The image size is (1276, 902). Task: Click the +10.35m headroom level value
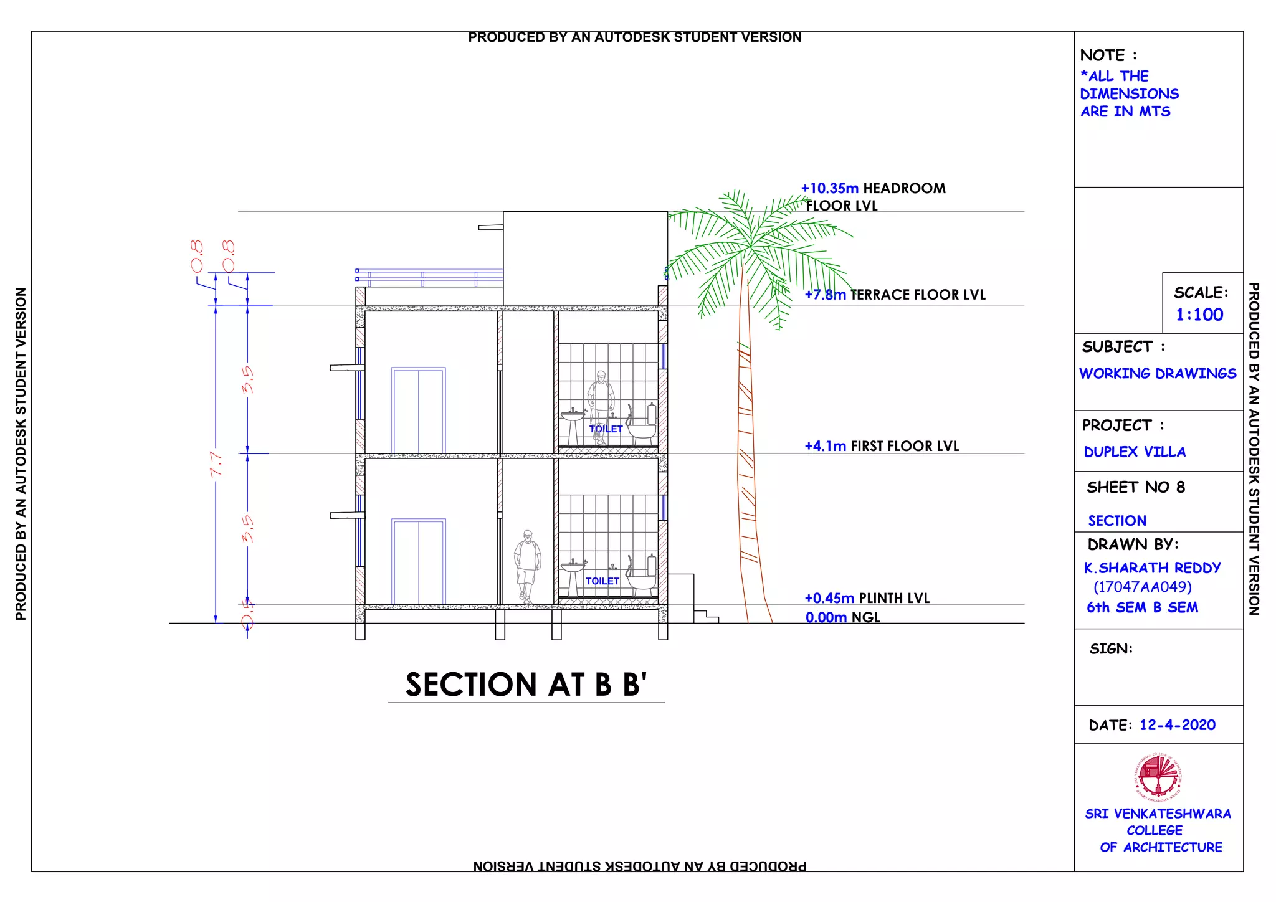[x=829, y=188]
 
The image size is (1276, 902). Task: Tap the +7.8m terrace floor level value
[x=825, y=295]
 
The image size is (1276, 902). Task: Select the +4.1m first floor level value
[x=825, y=446]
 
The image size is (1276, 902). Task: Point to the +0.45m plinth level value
[x=829, y=598]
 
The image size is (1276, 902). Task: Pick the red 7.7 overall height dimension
[x=216, y=465]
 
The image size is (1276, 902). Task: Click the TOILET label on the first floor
[x=606, y=429]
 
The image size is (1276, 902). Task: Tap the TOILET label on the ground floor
[x=602, y=581]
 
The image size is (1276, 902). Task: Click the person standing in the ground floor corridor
[x=528, y=566]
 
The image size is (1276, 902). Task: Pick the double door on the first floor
[x=418, y=411]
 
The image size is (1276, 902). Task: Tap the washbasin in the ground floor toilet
[x=573, y=568]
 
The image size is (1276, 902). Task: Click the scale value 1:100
[x=1199, y=315]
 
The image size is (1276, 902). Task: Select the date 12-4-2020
[x=1177, y=725]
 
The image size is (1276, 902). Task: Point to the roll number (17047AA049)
[x=1142, y=587]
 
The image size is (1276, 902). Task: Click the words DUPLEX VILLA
[x=1135, y=452]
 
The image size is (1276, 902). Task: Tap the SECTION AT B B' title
[x=526, y=685]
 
